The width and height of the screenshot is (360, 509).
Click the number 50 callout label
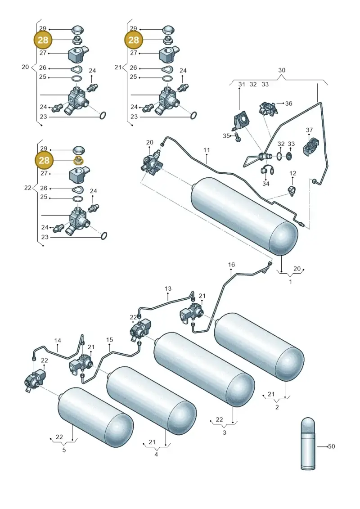pyautogui.click(x=331, y=446)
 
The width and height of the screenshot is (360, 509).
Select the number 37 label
pyautogui.click(x=309, y=130)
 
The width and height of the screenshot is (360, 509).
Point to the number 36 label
pyautogui.click(x=288, y=103)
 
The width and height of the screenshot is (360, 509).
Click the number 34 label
pyautogui.click(x=266, y=184)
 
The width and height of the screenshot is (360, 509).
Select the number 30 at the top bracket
pyautogui.click(x=282, y=70)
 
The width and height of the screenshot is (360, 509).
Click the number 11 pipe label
pyautogui.click(x=207, y=150)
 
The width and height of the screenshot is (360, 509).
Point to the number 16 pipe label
pyautogui.click(x=231, y=265)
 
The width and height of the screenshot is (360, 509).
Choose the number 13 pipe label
pyautogui.click(x=168, y=288)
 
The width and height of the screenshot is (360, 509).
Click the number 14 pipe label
pyautogui.click(x=58, y=341)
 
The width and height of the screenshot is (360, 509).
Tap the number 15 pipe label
pyautogui.click(x=109, y=339)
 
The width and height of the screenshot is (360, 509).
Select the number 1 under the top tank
pyautogui.click(x=291, y=282)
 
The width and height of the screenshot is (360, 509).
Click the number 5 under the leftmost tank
pyautogui.click(x=64, y=450)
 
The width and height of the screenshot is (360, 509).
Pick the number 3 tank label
pyautogui.click(x=224, y=432)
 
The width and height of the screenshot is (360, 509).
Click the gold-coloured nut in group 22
pyautogui.click(x=78, y=160)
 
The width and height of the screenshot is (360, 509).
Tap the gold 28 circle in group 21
pyautogui.click(x=134, y=40)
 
